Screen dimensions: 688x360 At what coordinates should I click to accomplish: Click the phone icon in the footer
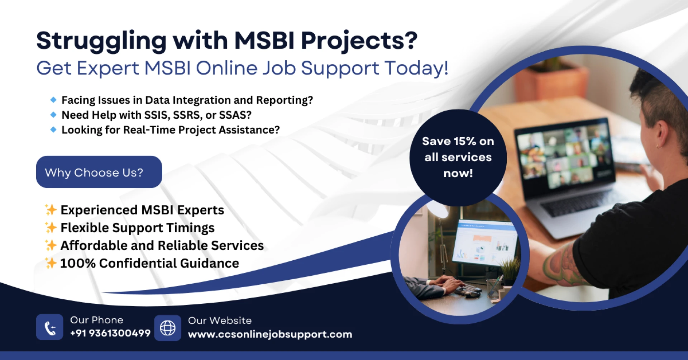point(49,327)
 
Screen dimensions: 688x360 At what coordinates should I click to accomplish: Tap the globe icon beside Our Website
point(167,328)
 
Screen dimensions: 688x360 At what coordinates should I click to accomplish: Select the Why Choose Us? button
point(99,172)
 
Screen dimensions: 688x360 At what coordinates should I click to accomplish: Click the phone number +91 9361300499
point(110,333)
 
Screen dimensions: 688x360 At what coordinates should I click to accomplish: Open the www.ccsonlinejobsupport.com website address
point(270,334)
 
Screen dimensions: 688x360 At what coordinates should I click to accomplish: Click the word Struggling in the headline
point(101,41)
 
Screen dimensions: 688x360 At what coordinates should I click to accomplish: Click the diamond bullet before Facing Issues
point(53,100)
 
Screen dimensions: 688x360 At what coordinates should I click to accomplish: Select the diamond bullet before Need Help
point(53,115)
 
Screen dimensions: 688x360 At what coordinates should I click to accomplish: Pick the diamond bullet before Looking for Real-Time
point(53,129)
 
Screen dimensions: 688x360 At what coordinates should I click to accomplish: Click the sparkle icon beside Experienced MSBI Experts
point(51,209)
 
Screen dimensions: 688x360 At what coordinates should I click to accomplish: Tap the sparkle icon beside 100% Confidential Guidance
point(51,263)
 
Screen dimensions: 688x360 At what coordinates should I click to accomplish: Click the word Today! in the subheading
point(416,68)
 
